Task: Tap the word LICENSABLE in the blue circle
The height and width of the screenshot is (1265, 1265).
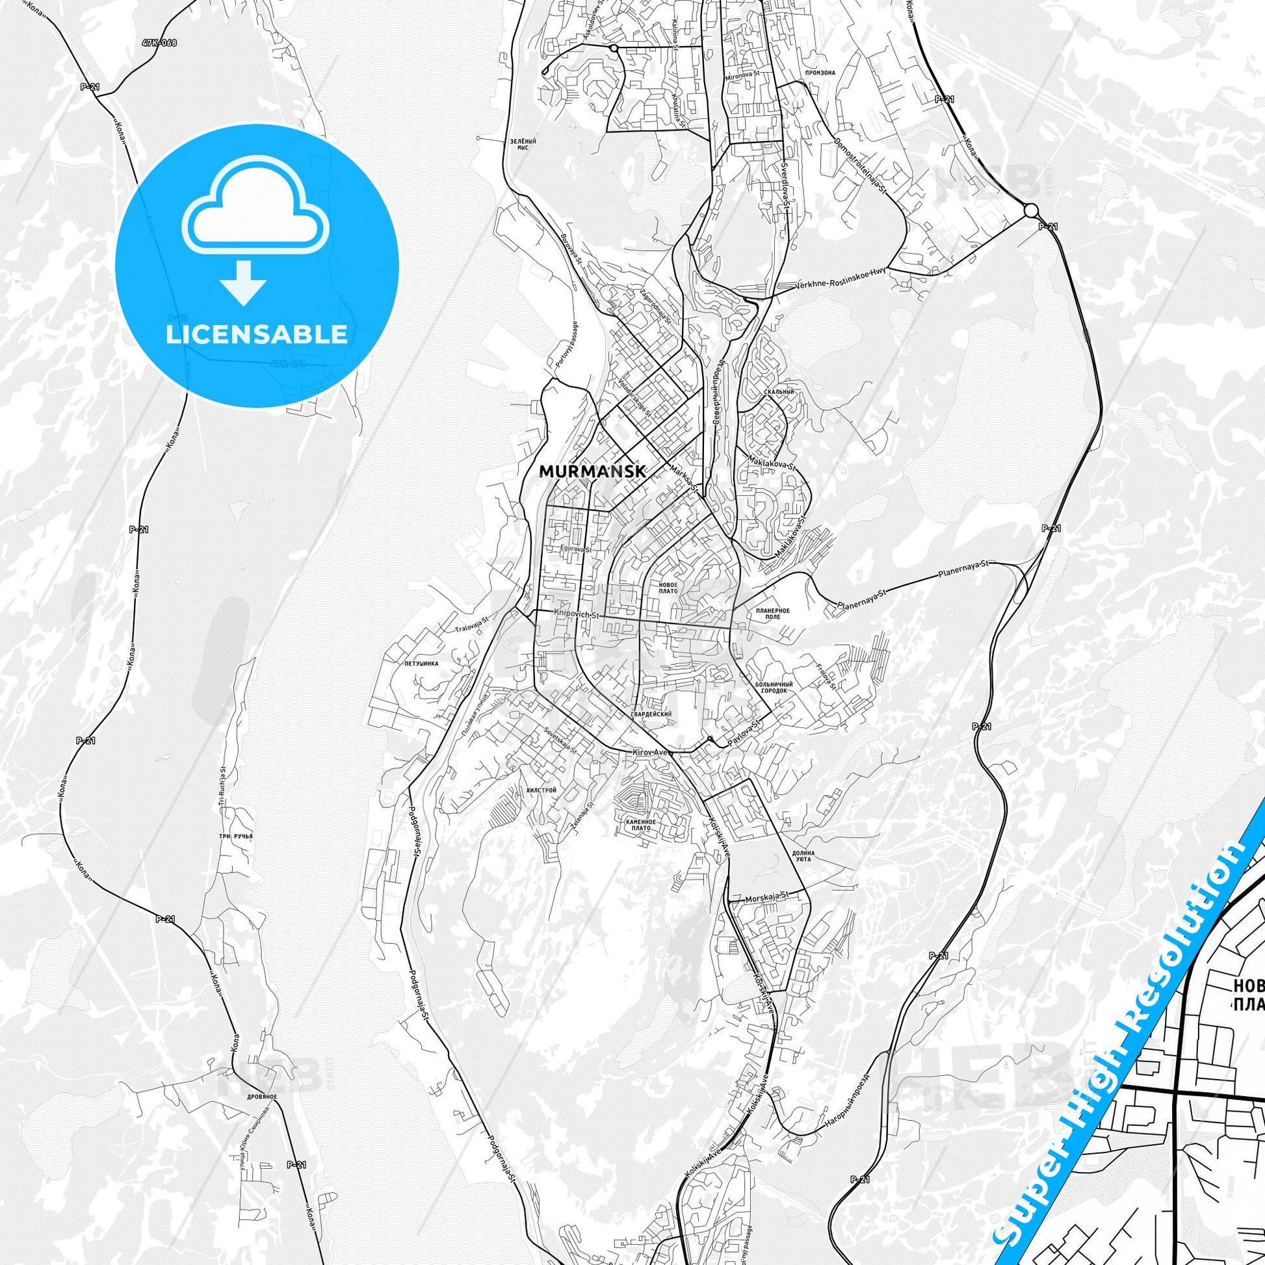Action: tap(257, 334)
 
